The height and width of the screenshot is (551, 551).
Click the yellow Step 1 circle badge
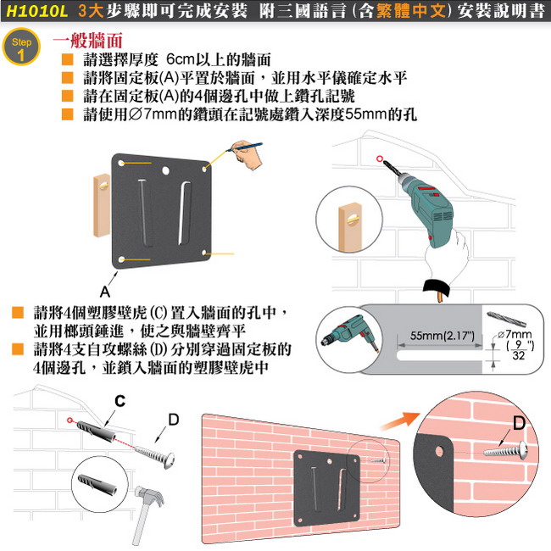pyautogui.click(x=21, y=47)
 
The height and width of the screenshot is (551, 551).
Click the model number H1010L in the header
pyautogui.click(x=36, y=11)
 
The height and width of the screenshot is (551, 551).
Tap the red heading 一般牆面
pyautogui.click(x=88, y=41)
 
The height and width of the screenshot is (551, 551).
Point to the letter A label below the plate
pyautogui.click(x=105, y=292)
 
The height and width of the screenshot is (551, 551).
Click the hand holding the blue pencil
pyautogui.click(x=247, y=154)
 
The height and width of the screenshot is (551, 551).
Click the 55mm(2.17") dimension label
pyautogui.click(x=442, y=336)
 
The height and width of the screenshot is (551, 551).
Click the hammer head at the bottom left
pyautogui.click(x=150, y=496)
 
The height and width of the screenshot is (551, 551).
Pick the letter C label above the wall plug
pyautogui.click(x=120, y=401)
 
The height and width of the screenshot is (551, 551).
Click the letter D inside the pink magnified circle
pyautogui.click(x=519, y=423)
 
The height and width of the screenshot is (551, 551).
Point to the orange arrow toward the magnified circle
pyautogui.click(x=401, y=420)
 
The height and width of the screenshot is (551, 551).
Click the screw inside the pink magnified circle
pyautogui.click(x=506, y=450)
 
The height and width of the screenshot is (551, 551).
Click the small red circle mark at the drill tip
pyautogui.click(x=380, y=159)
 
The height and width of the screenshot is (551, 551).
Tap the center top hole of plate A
pyautogui.click(x=165, y=171)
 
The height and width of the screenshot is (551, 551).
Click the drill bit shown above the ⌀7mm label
pyautogui.click(x=506, y=319)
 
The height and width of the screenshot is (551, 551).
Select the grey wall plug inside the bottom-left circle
pyautogui.click(x=97, y=483)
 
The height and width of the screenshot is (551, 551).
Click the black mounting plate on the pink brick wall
pyautogui.click(x=327, y=487)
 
